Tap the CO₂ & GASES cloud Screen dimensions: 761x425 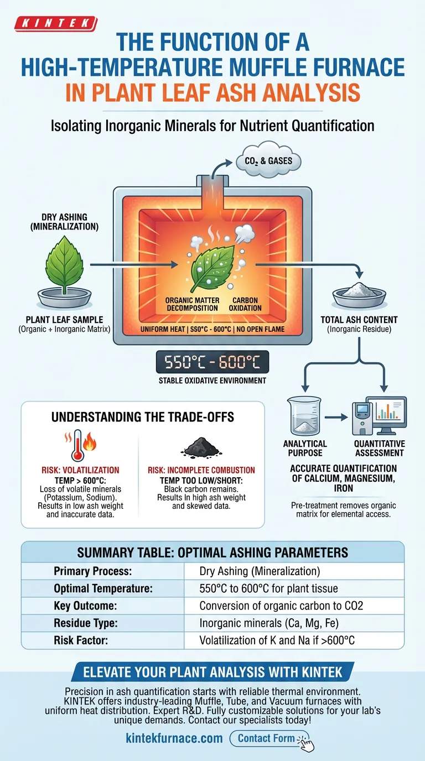[268, 161]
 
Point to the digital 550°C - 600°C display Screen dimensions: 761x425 [212, 363]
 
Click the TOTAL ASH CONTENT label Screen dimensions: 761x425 [359, 320]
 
